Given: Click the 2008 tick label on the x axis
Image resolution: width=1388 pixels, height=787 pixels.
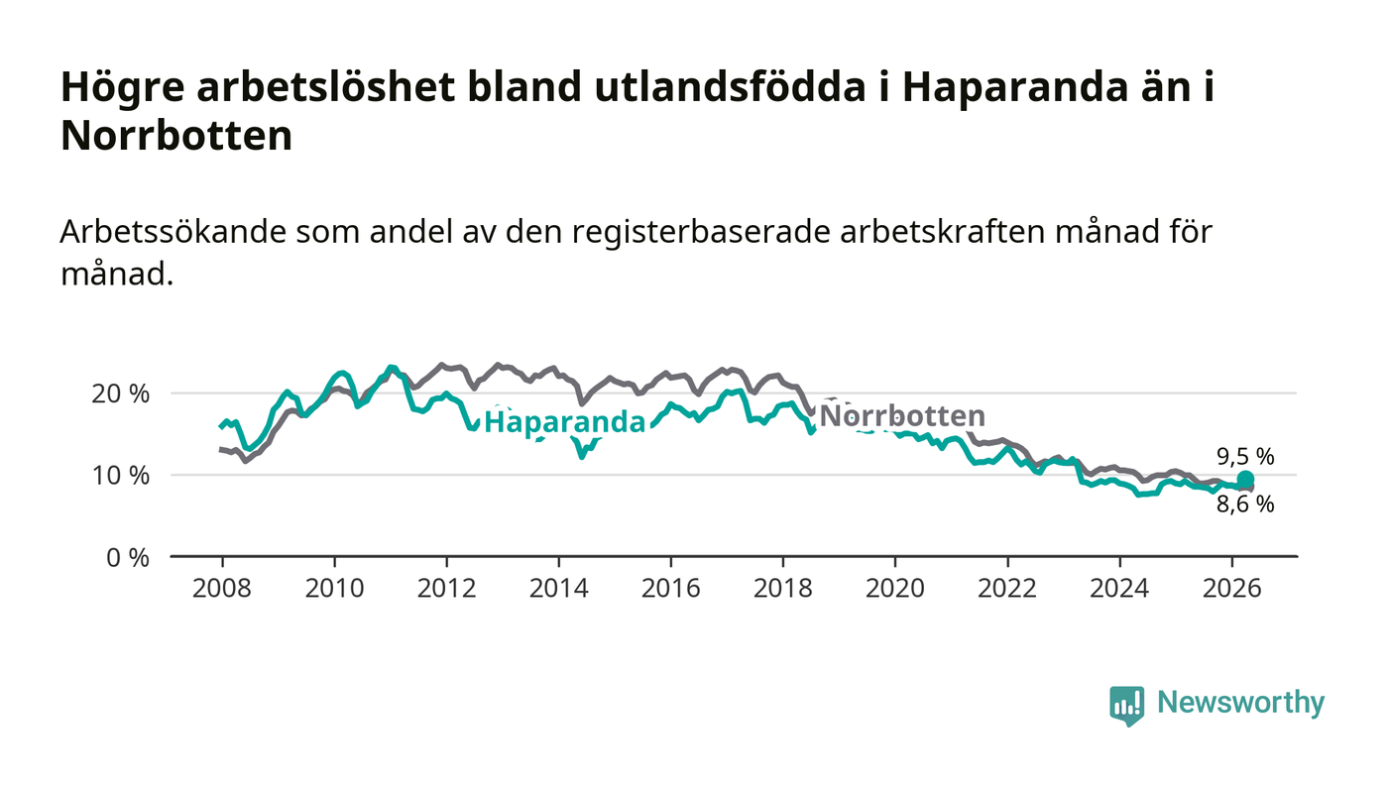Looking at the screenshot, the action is pos(222,588).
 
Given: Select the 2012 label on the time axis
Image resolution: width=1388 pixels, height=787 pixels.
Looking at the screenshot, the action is pos(446,588).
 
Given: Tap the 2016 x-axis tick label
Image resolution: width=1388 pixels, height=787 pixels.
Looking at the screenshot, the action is pos(670,588).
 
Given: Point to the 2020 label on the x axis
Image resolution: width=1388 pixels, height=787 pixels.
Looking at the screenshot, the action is pos(894,588).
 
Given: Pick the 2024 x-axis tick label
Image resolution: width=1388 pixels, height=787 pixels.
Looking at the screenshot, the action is pos(1119,588).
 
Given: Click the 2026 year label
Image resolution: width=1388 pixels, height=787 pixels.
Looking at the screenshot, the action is pos(1231,588).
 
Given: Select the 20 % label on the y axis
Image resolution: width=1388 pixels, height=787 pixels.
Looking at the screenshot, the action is pos(120,393).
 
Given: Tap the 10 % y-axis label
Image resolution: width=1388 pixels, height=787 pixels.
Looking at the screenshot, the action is pos(120,476).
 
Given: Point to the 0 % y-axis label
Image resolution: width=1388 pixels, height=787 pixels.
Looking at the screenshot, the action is pos(128,558).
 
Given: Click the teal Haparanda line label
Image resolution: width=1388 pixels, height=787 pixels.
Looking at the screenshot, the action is pos(564,422).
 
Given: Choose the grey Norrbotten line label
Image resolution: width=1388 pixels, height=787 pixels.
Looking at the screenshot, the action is pos(902,416).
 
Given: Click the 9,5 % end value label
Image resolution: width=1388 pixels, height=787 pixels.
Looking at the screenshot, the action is pos(1245,457).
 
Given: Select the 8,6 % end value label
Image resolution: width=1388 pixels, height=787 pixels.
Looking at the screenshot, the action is pos(1245,505).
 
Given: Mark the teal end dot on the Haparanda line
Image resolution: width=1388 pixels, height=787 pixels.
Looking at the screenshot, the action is pos(1245,479).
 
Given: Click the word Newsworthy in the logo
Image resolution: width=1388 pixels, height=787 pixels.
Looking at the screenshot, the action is pos(1240,703).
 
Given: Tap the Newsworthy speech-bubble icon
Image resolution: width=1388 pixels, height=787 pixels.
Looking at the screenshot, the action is pos(1126,706).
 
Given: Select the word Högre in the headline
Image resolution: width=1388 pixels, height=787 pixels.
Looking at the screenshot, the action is pos(123,88).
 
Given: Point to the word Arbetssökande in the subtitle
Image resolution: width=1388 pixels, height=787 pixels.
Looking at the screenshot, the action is pos(173,232).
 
